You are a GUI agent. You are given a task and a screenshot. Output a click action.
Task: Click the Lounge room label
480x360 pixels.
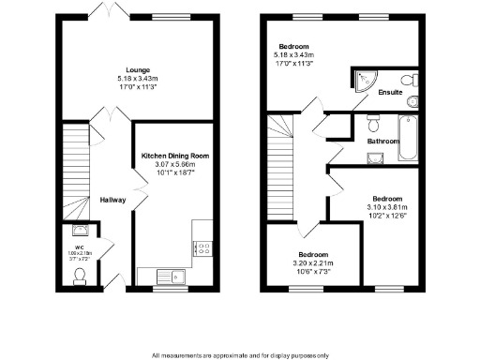[x=139, y=67]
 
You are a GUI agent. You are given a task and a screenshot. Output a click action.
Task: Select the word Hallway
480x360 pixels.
[x=112, y=199]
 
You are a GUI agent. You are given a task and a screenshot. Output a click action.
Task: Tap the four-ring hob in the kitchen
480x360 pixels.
[x=202, y=248]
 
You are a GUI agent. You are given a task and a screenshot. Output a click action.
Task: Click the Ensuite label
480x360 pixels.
[x=390, y=94]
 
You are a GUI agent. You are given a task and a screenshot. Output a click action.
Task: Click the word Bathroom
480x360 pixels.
[x=383, y=142]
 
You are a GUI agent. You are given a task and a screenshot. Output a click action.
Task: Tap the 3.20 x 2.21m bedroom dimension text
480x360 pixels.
[x=313, y=263]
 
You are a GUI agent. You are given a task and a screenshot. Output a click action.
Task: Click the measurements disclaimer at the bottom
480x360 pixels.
[x=239, y=355]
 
